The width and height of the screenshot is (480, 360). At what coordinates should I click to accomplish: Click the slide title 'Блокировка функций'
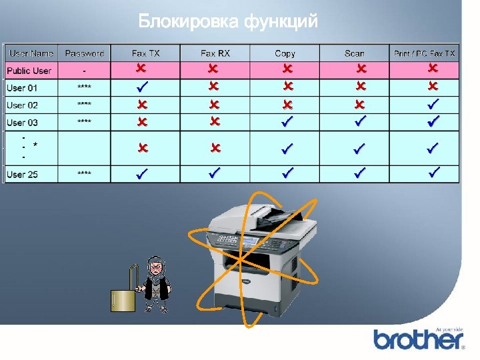[x=229, y=22]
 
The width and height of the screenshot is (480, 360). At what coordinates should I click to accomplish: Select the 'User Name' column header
[x=31, y=53]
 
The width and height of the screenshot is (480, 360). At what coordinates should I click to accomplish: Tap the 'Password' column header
[x=85, y=53]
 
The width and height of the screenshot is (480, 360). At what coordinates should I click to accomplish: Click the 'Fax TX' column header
[x=146, y=53]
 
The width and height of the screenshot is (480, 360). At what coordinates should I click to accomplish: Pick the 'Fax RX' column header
[x=215, y=53]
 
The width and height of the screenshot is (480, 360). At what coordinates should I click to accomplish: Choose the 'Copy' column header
[x=285, y=53]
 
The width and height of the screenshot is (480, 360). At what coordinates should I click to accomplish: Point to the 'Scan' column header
[x=355, y=53]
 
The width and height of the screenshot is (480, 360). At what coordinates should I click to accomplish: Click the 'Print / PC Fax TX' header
[x=425, y=53]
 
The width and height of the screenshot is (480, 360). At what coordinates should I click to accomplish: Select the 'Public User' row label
[x=29, y=71]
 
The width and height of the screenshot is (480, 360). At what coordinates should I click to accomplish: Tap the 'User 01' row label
[x=22, y=87]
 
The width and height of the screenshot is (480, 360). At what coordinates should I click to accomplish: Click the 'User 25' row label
[x=22, y=175]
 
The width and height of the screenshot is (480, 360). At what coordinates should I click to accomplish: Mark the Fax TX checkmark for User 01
[x=141, y=87]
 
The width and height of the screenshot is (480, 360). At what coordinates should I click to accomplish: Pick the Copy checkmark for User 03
[x=287, y=121]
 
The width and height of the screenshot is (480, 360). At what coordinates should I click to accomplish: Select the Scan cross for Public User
[x=361, y=69]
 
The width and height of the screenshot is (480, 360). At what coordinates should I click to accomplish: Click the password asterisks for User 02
[x=84, y=105]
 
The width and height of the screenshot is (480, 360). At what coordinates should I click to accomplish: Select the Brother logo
[x=418, y=339]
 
